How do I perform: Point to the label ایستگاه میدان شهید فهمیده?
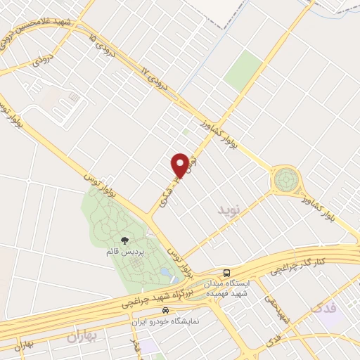pos(226,286)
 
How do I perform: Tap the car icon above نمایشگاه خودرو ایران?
pos(165,310)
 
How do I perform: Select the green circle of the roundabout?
pos(286,181)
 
